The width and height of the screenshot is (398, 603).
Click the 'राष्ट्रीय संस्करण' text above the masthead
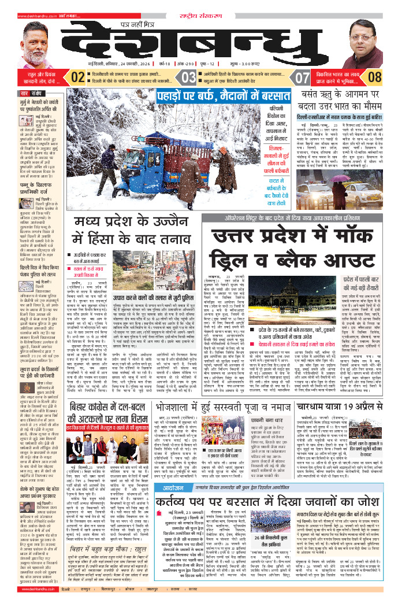pos(199,6)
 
